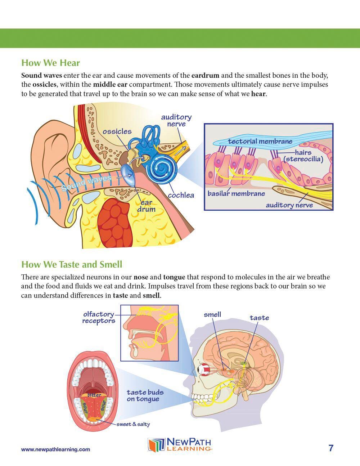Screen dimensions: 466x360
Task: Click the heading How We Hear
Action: coord(50,63)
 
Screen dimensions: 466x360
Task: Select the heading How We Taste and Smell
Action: coord(72,265)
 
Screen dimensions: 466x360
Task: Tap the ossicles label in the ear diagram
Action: coord(117,131)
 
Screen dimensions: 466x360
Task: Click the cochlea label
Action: coord(181,195)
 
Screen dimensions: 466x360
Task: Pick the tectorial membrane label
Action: coord(260,141)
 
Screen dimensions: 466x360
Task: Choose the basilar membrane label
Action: coord(236,194)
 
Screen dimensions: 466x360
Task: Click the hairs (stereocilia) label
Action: coord(303,156)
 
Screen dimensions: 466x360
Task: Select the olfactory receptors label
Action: coord(99,318)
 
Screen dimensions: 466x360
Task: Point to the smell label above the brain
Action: coord(212,315)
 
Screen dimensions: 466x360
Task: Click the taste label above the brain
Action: coord(259,318)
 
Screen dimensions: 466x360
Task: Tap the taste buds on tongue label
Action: coord(145,395)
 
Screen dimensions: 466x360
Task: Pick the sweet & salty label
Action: coord(133,424)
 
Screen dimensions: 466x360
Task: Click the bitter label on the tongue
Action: coord(94,395)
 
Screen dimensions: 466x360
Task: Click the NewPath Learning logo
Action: coord(180,444)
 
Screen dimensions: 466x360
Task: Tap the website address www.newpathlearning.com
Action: coord(56,449)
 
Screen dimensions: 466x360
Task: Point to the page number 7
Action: coord(331,448)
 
